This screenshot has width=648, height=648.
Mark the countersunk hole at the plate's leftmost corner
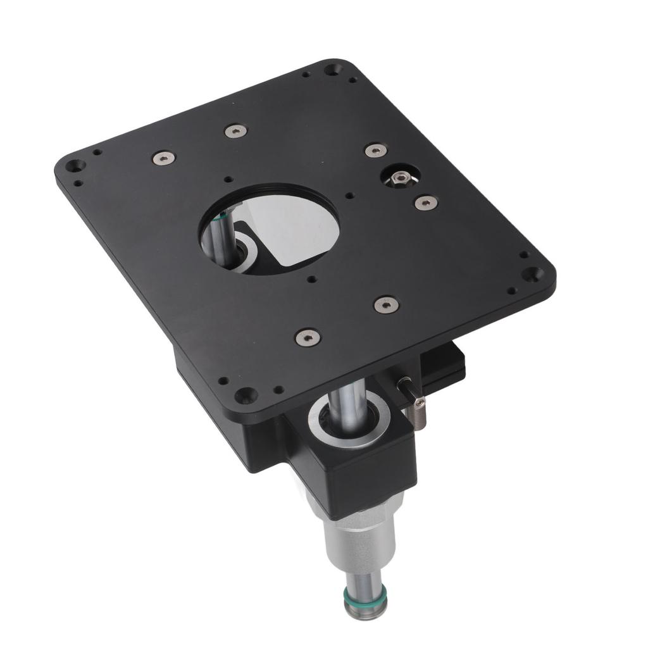pos(75,166)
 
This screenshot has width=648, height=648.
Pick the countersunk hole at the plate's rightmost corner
pos(533,274)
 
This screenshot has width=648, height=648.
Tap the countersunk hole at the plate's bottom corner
pos(244,396)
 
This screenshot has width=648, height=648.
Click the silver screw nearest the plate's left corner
pos(163,158)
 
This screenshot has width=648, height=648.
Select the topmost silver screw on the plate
pos(235,131)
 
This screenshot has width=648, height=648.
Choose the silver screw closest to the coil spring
pos(386,304)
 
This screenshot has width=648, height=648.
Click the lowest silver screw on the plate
pos(308,337)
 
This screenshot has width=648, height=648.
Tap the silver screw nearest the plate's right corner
pos(426,202)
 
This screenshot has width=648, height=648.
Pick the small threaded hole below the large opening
pos(311,278)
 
